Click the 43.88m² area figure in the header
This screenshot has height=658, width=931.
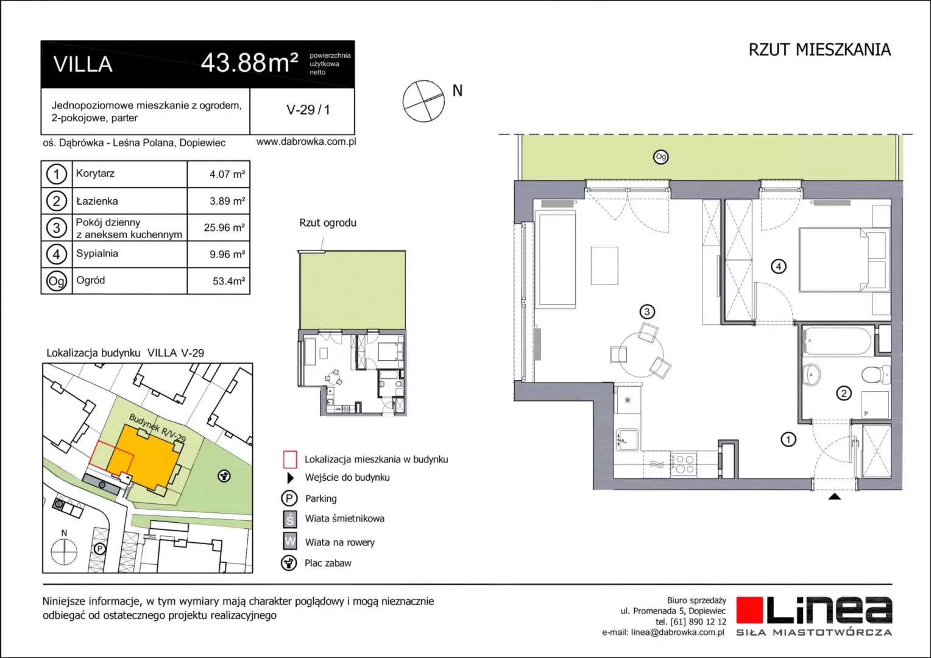(249, 63)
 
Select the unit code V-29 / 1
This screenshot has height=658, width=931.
(308, 110)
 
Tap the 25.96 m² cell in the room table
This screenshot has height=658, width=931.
(224, 228)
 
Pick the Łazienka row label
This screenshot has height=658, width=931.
(97, 201)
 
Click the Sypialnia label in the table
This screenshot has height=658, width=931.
(97, 253)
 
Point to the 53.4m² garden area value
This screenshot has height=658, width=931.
(228, 281)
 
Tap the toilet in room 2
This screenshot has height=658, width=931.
(876, 374)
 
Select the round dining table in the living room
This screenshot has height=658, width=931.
(641, 355)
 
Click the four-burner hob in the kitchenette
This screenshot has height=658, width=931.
(683, 464)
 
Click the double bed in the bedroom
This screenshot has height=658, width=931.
(844, 260)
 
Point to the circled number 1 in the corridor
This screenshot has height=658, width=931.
(788, 439)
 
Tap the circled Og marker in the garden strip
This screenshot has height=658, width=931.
(660, 157)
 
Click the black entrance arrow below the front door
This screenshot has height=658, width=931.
(835, 497)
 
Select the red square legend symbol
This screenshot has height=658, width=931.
(289, 459)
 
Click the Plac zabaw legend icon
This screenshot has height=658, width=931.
(289, 563)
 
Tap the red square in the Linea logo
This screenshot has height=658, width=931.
(749, 610)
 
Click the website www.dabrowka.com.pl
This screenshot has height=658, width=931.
(306, 142)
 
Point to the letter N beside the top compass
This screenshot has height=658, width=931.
(457, 91)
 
